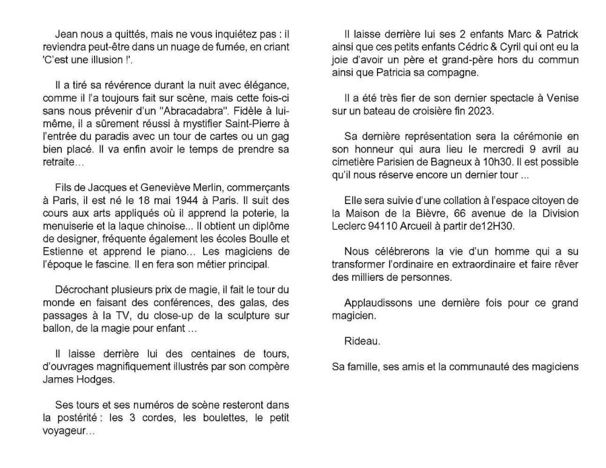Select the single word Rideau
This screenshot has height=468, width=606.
pyautogui.click(x=362, y=341)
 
